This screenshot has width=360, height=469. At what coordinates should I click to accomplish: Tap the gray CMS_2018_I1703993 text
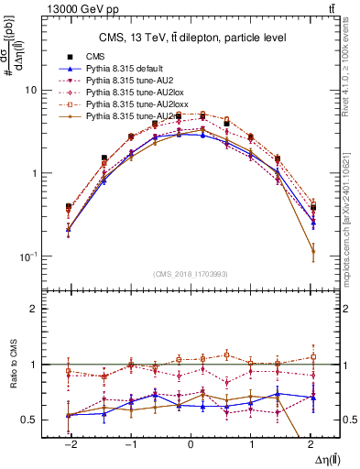click(x=190, y=274)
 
